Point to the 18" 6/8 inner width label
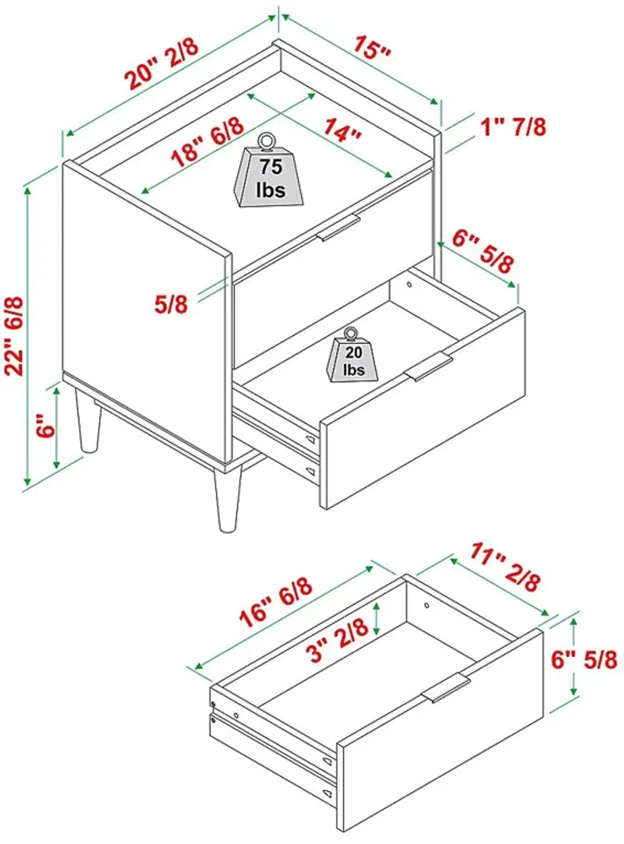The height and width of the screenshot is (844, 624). [207, 142]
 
